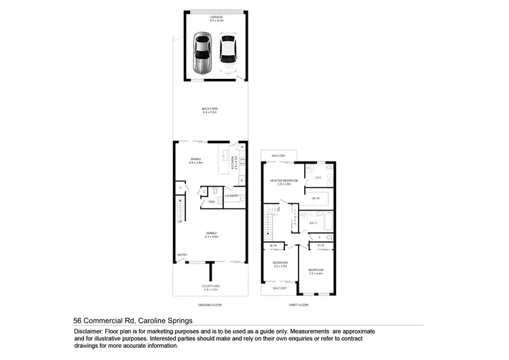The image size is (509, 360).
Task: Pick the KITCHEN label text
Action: click(x=232, y=163)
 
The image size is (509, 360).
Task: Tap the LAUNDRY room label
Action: click(x=232, y=196)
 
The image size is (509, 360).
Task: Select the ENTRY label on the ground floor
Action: click(x=182, y=255)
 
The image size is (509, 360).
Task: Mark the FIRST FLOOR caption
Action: click(x=298, y=305)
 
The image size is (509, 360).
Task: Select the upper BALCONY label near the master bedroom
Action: click(x=279, y=156)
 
